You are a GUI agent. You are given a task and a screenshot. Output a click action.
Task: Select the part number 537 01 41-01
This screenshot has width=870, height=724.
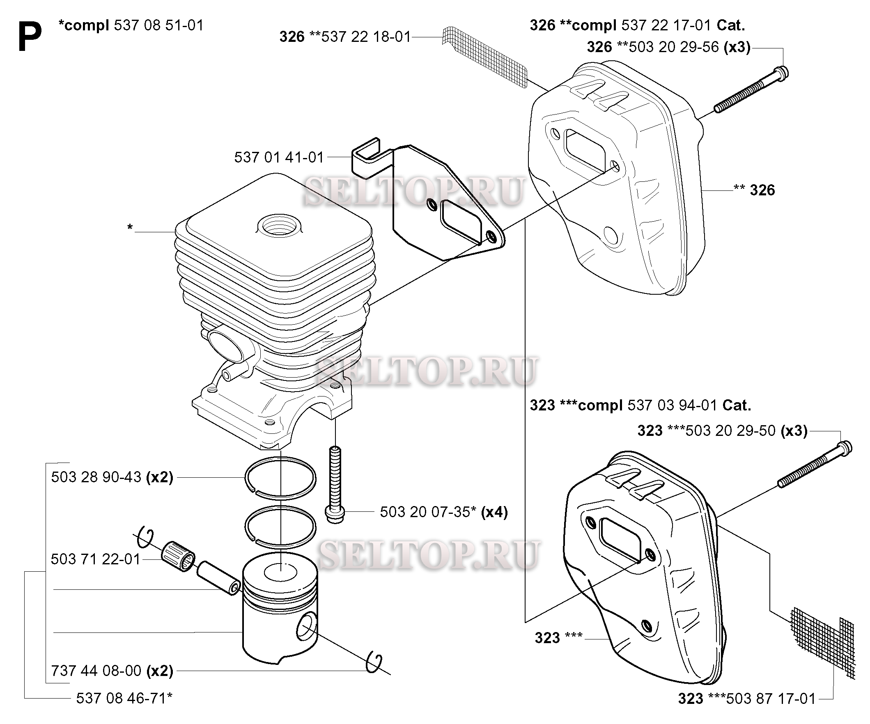tap(279, 157)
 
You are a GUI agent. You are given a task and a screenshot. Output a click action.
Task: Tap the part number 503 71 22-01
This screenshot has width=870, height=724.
tap(96, 559)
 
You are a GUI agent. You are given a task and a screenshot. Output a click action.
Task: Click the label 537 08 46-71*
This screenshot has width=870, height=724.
tap(124, 698)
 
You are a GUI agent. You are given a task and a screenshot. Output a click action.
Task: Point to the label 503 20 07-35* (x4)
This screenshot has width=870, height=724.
tap(444, 512)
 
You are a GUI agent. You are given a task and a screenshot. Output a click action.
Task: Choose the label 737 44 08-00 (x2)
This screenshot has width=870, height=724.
tap(112, 671)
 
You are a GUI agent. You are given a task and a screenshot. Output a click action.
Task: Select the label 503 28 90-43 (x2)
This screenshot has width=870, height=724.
tap(112, 477)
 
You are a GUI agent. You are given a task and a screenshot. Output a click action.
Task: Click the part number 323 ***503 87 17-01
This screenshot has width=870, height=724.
tap(747, 699)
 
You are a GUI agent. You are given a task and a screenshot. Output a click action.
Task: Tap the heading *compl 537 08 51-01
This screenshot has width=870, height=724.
tap(131, 25)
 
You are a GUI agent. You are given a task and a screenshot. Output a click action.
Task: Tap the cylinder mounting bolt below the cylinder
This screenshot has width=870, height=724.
tap(335, 485)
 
